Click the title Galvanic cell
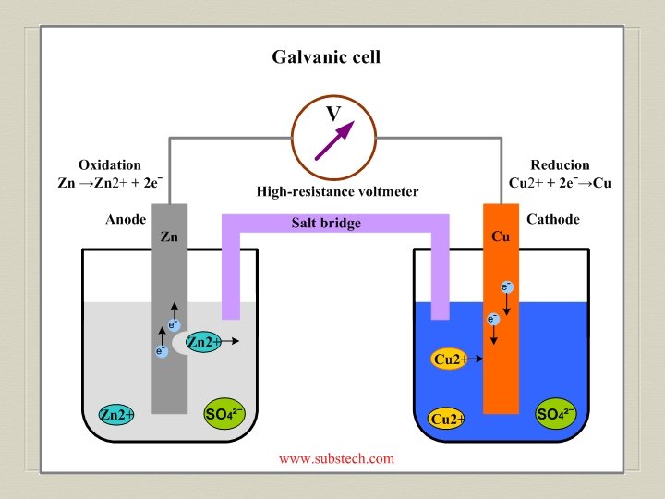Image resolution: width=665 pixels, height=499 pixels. pos(326,57)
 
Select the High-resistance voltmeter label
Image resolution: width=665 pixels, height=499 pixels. pos(337,192)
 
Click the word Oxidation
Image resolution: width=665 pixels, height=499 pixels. pos(110,164)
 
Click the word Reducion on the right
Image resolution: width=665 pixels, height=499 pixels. pos(560,164)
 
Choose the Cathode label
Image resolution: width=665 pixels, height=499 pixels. pos(552,220)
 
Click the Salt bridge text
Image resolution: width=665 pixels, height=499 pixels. pos(326,224)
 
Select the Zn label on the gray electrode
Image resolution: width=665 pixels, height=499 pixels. pos(169,237)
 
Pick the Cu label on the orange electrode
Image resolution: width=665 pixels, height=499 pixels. pos(501,237)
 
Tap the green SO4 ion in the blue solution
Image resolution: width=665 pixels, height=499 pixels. pos(556,413)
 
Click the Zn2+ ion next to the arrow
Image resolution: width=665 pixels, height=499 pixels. pos(203,343)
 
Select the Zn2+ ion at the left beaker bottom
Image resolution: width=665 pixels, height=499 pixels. pos(117,415)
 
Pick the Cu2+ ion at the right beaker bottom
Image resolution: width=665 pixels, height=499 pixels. pos(448,419)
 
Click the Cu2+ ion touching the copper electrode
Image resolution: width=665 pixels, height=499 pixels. pos(450,359)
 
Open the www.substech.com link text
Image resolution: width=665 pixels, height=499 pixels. pos(336,458)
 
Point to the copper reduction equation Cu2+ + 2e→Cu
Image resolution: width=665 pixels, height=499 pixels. pos(560,183)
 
